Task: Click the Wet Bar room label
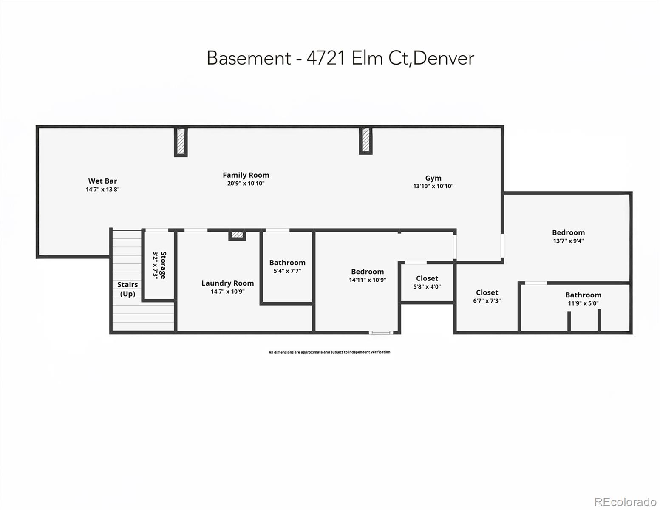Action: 102,181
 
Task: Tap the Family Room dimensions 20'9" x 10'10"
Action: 246,184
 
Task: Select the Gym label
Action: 433,178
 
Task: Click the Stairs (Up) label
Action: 127,289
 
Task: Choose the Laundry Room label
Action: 227,283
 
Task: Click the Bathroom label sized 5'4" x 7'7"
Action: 287,263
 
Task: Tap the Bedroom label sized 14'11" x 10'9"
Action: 367,272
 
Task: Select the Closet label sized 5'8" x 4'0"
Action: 427,278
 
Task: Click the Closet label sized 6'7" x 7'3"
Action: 487,292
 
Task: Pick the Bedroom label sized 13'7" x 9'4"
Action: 568,232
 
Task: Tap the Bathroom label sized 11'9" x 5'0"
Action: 583,295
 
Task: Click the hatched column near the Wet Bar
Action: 181,142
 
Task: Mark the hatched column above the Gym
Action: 365,141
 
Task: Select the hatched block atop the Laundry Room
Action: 237,235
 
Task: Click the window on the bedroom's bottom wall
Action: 381,332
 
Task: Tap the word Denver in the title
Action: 443,58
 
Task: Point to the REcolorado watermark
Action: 625,501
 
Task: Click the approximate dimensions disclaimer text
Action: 329,352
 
